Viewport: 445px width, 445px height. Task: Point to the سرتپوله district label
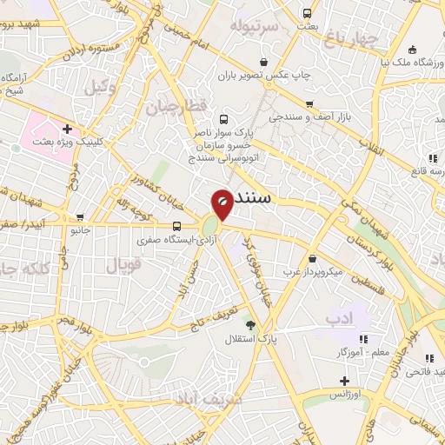(253, 26)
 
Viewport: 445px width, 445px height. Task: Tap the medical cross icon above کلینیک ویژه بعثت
(67, 128)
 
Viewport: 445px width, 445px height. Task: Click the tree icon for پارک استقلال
(251, 325)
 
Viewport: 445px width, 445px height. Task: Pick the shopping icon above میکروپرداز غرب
(312, 258)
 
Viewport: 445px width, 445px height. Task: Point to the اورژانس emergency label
(346, 395)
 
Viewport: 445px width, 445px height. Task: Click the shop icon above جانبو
(81, 217)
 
